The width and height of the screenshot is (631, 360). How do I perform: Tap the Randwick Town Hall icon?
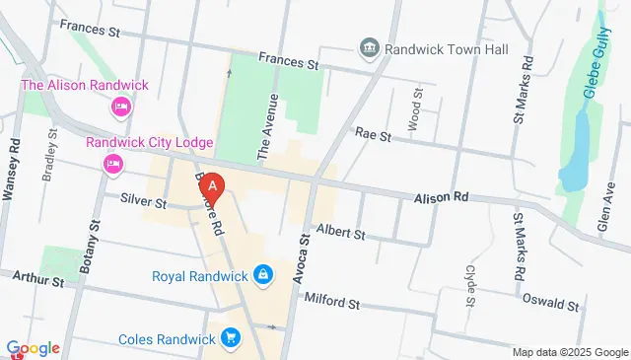point(369,46)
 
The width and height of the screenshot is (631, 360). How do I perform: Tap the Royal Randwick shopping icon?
point(263,274)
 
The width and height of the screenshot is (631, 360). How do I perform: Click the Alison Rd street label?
point(440,197)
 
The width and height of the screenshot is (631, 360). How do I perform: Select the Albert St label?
point(341,235)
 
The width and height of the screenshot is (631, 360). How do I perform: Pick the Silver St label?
point(143,201)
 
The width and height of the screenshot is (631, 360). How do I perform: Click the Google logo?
point(33,347)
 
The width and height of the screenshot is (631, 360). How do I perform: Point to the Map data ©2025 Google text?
point(570,352)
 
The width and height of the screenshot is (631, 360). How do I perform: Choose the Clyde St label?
point(470,270)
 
